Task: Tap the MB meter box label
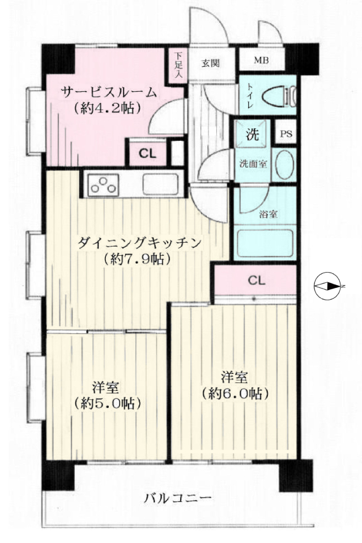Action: pyautogui.click(x=261, y=61)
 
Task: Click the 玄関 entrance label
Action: pyautogui.click(x=211, y=63)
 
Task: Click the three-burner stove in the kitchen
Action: pyautogui.click(x=103, y=184)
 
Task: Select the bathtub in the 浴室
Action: pyautogui.click(x=265, y=243)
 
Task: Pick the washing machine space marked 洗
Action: pyautogui.click(x=252, y=133)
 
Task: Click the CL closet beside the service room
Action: pyautogui.click(x=147, y=153)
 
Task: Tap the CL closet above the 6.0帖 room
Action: pyautogui.click(x=256, y=281)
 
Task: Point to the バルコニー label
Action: pyautogui.click(x=177, y=499)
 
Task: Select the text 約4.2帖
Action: pyautogui.click(x=108, y=109)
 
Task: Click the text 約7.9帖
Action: pyautogui.click(x=137, y=259)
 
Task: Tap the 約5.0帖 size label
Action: pyautogui.click(x=108, y=403)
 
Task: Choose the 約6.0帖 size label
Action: pyautogui.click(x=236, y=393)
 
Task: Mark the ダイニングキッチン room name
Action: pyautogui.click(x=139, y=243)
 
